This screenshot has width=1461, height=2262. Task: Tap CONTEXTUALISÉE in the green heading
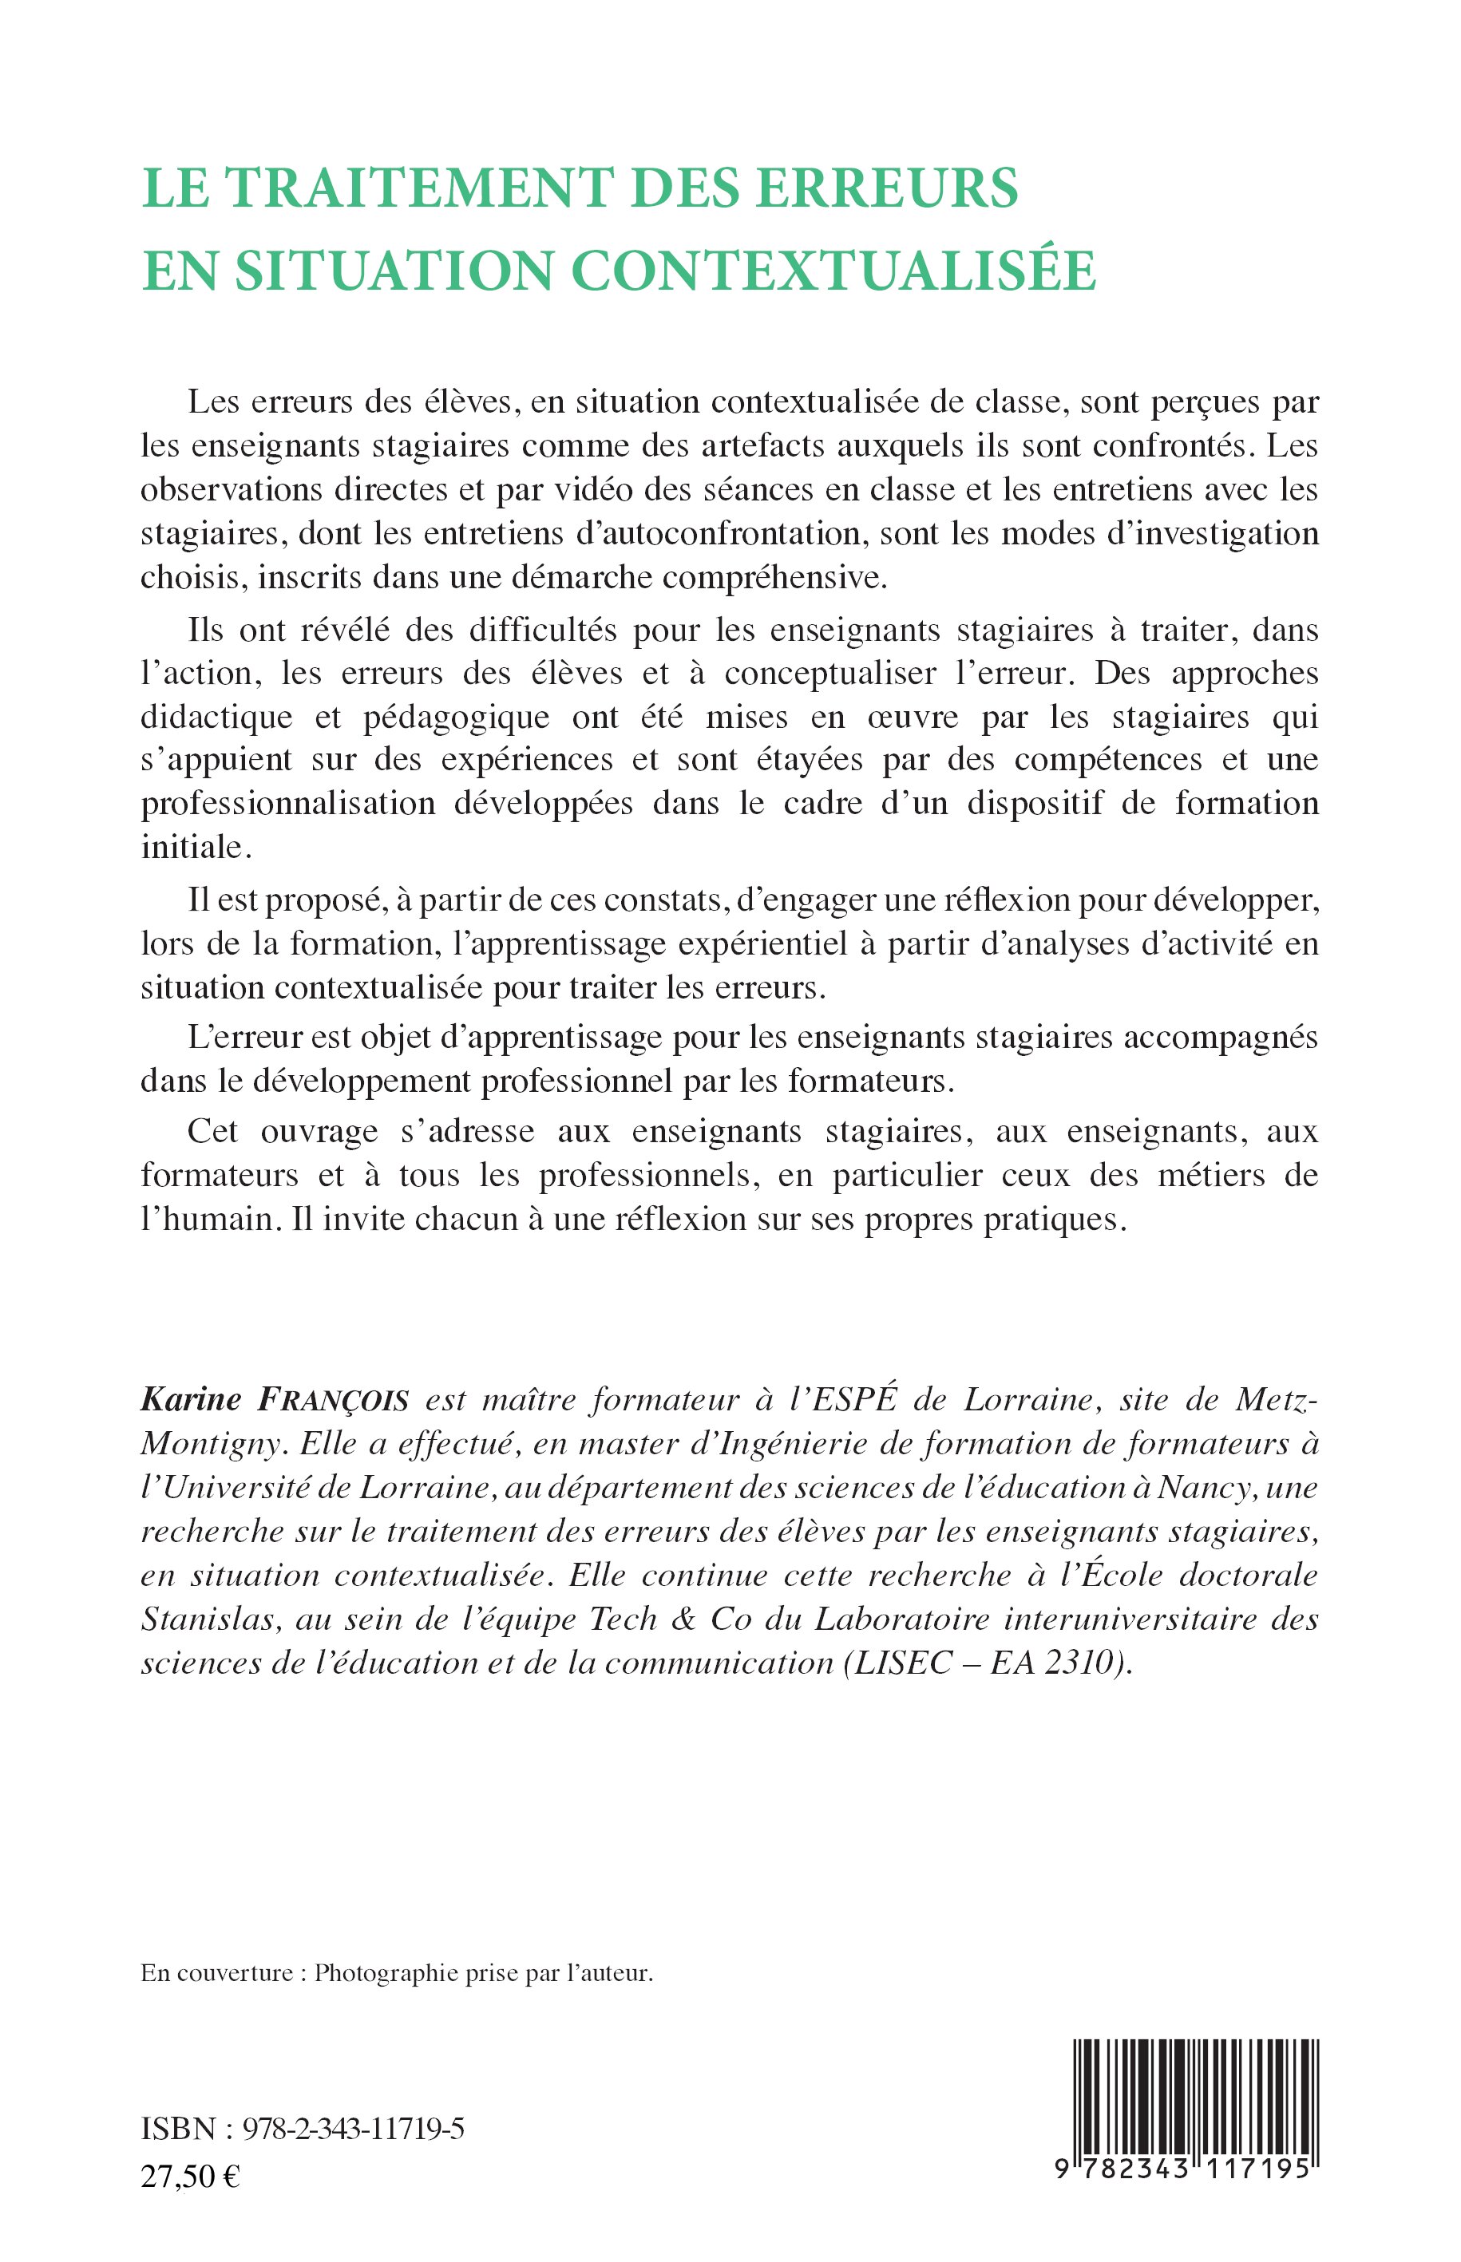click(x=834, y=271)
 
